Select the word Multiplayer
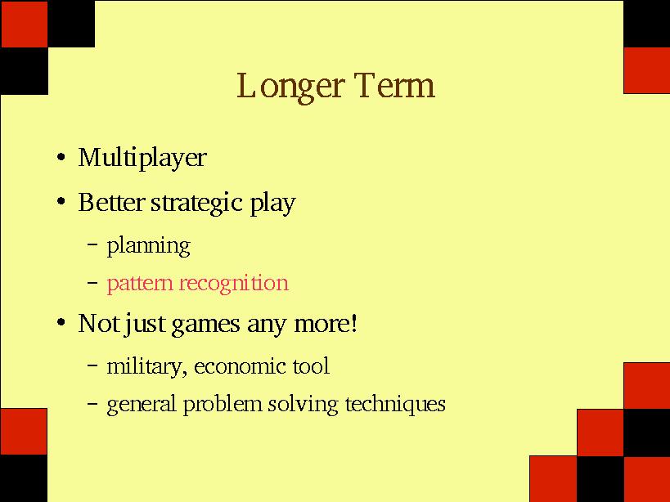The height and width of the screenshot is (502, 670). [142, 159]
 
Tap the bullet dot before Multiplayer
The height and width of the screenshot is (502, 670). [61, 157]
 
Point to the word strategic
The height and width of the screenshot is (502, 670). [196, 204]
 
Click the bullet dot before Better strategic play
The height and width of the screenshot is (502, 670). [61, 201]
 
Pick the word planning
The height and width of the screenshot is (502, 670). [149, 247]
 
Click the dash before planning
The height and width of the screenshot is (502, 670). [92, 244]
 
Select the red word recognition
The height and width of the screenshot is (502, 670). [234, 284]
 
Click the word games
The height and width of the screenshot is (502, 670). [205, 325]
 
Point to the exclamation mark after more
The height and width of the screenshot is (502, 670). [353, 323]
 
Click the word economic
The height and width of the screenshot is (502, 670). [235, 367]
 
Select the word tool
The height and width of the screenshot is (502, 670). [311, 366]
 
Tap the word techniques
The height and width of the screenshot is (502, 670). [395, 405]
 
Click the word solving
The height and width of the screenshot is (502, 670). [303, 405]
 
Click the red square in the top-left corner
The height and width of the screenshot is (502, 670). [25, 24]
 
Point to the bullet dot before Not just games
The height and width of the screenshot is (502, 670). [61, 322]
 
